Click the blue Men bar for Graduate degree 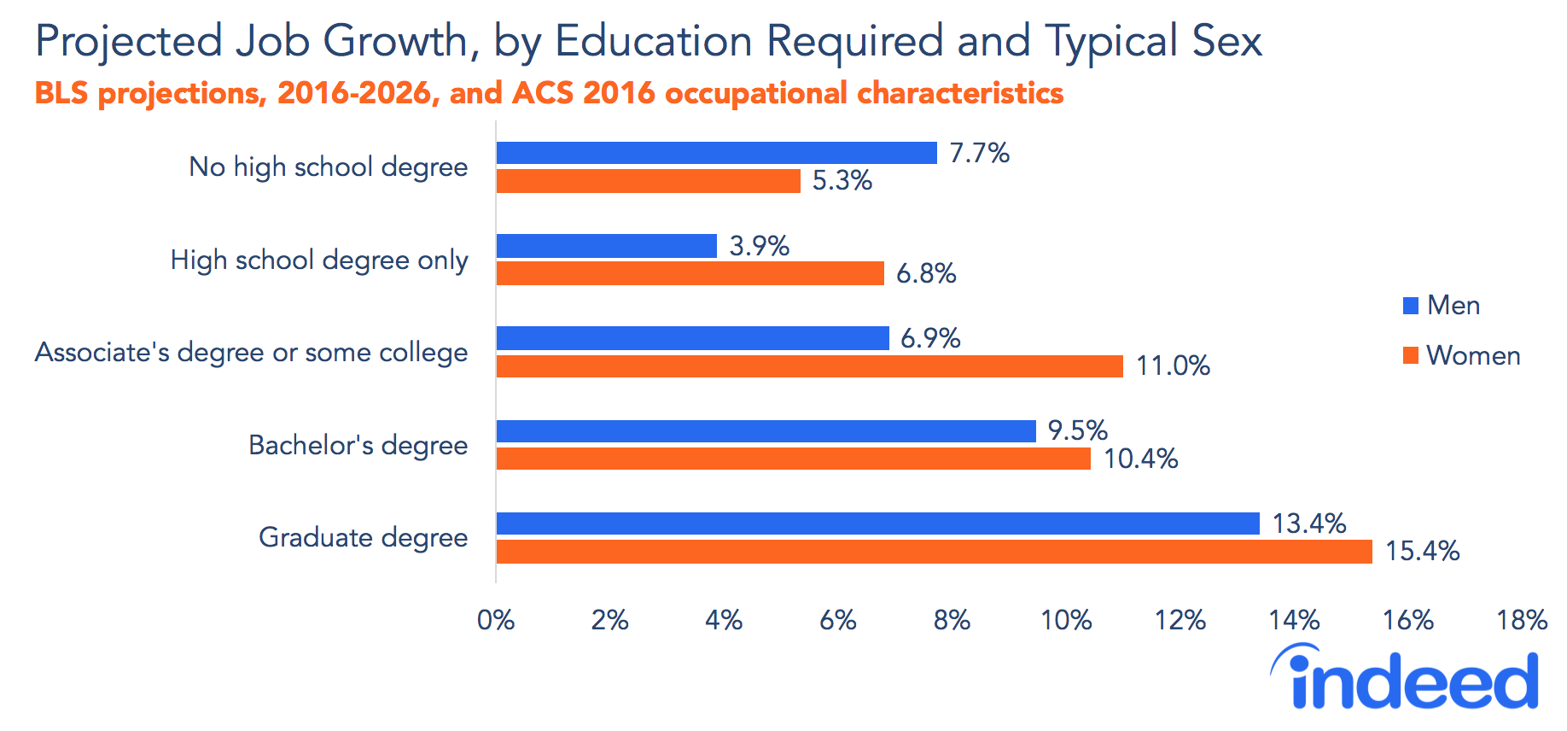pyautogui.click(x=877, y=523)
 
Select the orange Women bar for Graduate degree pyautogui.click(x=934, y=552)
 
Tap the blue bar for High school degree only pyautogui.click(x=606, y=246)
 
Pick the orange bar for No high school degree pyautogui.click(x=648, y=181)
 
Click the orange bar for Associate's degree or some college pyautogui.click(x=809, y=366)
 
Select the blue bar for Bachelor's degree pyautogui.click(x=766, y=431)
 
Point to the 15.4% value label pyautogui.click(x=1422, y=551)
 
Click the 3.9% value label pyautogui.click(x=759, y=246)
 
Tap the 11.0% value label pyautogui.click(x=1173, y=366)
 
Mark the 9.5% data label pyautogui.click(x=1077, y=430)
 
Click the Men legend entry pyautogui.click(x=1442, y=305)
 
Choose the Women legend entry pyautogui.click(x=1461, y=355)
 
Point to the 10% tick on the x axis pyautogui.click(x=1066, y=620)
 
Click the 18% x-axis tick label pyautogui.click(x=1522, y=620)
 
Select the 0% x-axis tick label pyautogui.click(x=496, y=620)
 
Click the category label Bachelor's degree pyautogui.click(x=358, y=445)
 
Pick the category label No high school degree pyautogui.click(x=328, y=167)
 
